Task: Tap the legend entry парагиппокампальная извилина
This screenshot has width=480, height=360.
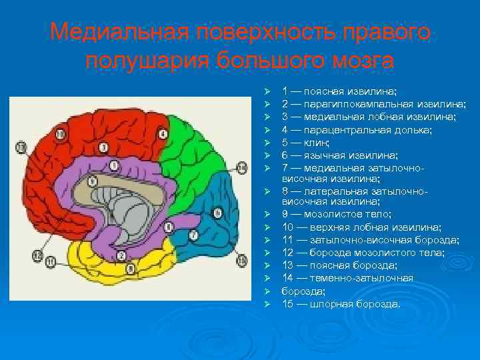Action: pos(373,104)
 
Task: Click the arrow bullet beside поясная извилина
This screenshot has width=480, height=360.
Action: pos(266,91)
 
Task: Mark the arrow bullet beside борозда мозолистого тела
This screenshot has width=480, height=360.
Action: pos(266,253)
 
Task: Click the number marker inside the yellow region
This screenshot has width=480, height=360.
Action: pos(130,268)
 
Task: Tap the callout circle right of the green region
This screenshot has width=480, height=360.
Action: pos(241,169)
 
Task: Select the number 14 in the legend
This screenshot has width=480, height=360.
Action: pos(287,278)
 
